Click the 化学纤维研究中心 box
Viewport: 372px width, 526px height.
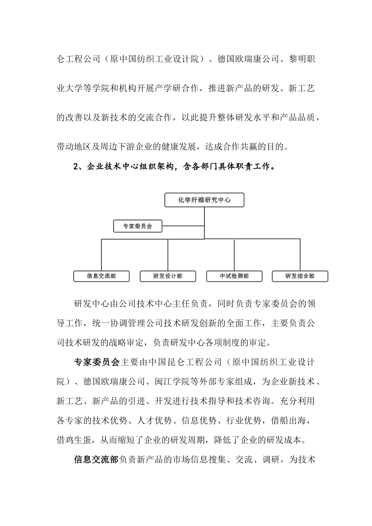tap(204, 200)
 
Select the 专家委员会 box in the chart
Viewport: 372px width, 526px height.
tap(137, 226)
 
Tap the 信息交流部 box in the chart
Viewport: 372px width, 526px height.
tap(101, 276)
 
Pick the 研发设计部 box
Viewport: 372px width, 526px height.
tap(168, 276)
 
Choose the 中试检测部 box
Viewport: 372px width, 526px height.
tap(234, 276)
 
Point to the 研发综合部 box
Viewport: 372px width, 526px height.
tap(300, 276)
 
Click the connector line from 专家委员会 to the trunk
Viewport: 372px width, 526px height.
tap(183, 226)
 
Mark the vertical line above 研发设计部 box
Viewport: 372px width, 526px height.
tap(168, 254)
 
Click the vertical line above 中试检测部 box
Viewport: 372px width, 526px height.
tap(234, 254)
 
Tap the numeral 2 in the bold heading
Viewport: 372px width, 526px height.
tap(76, 167)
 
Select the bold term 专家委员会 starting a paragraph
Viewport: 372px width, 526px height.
tap(96, 362)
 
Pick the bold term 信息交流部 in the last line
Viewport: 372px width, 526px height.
tap(96, 459)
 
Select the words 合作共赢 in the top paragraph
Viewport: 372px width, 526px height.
tap(237, 147)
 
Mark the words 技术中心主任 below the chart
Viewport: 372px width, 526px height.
tap(173, 304)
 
